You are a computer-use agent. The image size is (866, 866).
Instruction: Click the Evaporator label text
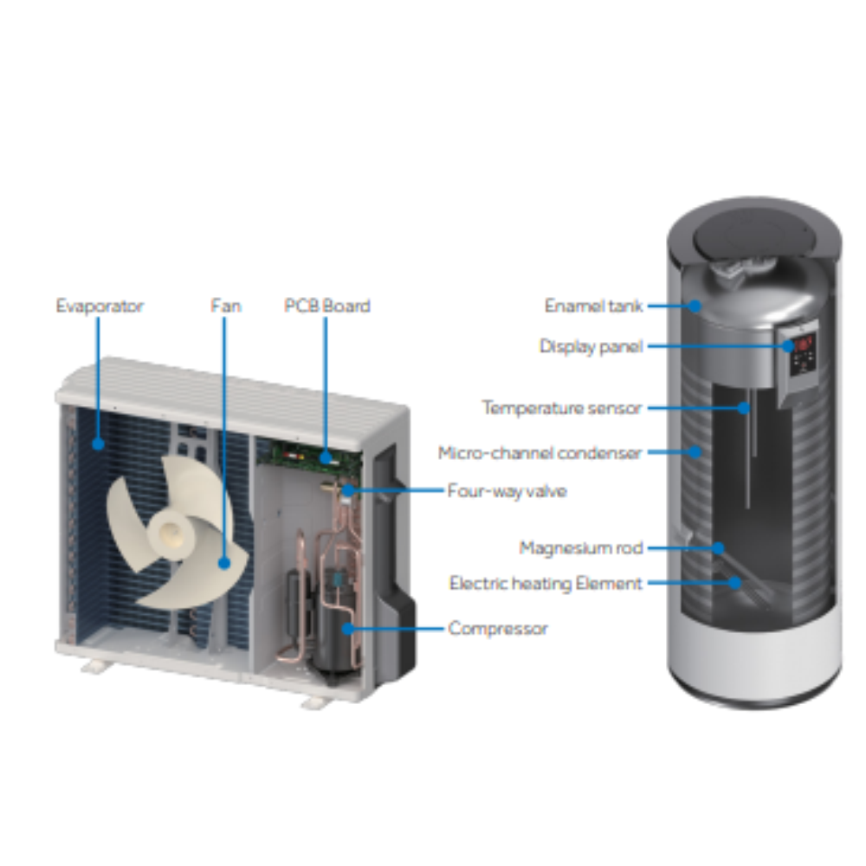point(100,306)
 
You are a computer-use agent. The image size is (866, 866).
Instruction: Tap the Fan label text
point(226,306)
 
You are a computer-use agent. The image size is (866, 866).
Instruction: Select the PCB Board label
point(327,306)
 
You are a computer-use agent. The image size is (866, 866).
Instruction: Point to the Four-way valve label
point(507,491)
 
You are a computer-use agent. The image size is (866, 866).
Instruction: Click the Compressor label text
point(498,629)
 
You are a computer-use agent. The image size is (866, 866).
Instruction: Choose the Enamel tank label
point(594,306)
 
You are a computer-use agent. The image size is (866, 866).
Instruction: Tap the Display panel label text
point(591,346)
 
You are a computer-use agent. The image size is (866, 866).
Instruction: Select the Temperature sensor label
point(562,408)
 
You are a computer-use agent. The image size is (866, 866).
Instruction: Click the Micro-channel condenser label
point(540,453)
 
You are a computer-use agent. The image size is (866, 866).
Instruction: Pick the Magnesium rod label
point(581,548)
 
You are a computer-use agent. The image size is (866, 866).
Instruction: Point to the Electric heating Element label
point(546,583)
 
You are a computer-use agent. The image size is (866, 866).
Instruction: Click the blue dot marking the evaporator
point(99,443)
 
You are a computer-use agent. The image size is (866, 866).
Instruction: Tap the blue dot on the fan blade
point(224,563)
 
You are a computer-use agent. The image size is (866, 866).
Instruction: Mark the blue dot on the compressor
point(348,628)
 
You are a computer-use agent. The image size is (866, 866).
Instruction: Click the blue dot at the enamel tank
point(695,306)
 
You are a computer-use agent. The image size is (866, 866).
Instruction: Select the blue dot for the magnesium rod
point(718,548)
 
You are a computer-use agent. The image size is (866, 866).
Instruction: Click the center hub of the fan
point(171,533)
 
